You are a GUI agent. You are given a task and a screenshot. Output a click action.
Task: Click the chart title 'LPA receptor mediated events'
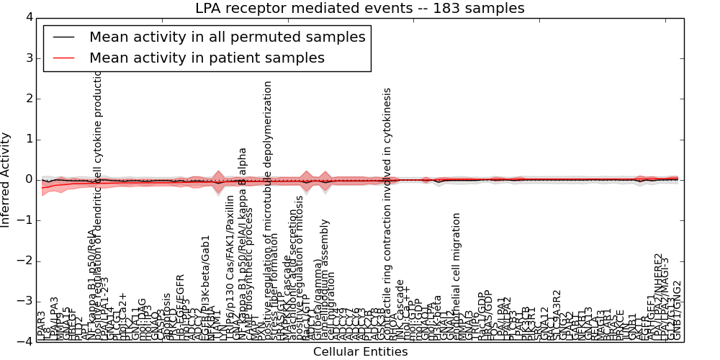pyautogui.click(x=359, y=9)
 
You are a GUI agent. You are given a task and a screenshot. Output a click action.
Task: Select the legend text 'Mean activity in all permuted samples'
pyautogui.click(x=227, y=37)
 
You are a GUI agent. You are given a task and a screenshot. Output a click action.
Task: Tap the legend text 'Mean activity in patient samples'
pyautogui.click(x=207, y=58)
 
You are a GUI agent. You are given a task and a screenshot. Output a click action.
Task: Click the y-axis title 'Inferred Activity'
pyautogui.click(x=6, y=179)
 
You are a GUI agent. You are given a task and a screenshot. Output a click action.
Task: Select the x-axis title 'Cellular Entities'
pyautogui.click(x=360, y=352)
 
